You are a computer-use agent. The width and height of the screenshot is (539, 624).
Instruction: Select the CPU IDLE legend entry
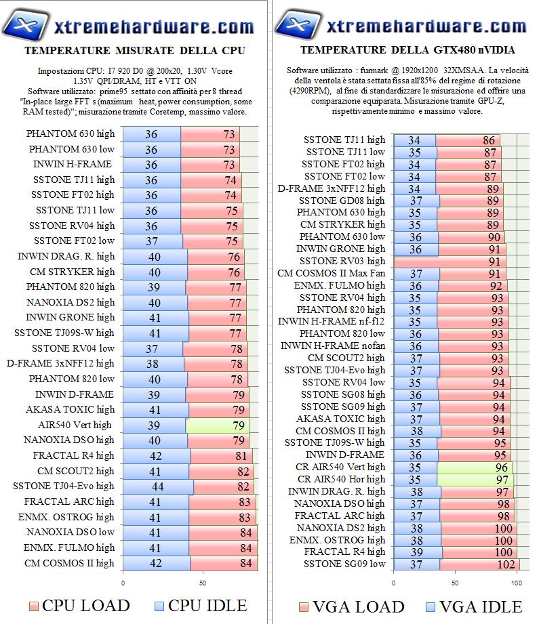click(x=199, y=605)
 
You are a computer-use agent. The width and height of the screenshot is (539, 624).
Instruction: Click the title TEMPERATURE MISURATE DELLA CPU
click(x=134, y=51)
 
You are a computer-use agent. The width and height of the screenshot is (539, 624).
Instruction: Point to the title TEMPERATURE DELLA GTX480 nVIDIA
click(x=407, y=50)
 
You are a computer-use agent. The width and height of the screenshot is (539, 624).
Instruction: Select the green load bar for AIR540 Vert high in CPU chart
click(x=217, y=425)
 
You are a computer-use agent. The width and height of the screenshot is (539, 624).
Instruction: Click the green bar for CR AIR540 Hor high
click(x=475, y=479)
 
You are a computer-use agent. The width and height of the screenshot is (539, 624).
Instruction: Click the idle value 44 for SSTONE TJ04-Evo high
click(x=157, y=486)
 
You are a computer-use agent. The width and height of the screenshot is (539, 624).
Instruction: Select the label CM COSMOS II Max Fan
click(x=332, y=273)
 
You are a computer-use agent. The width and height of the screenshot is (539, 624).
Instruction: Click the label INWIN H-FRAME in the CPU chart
click(x=73, y=164)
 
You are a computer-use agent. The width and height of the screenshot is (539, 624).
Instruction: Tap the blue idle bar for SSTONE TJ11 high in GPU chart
click(x=414, y=140)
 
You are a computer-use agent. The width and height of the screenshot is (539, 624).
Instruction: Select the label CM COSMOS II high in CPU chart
click(x=70, y=563)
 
